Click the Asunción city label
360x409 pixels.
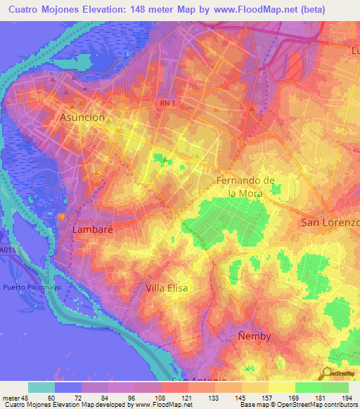coord(83,118)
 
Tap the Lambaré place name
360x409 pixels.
coord(89,229)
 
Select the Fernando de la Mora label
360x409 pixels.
coord(245,187)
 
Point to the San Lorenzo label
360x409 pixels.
coord(330,223)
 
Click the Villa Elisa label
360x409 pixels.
coord(168,288)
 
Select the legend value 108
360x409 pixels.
coord(148,397)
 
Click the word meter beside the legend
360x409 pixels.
coord(11,397)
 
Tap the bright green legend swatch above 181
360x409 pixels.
coord(309,387)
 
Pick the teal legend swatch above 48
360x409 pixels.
coord(41,387)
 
